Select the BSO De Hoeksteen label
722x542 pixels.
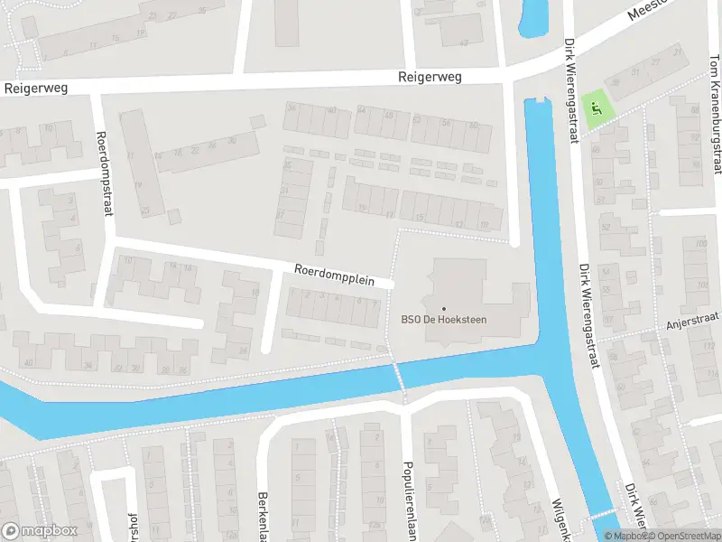pos(443,318)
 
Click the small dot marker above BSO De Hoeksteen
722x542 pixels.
pos(443,308)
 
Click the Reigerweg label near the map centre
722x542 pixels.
pos(430,78)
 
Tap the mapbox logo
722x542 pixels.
pos(40,530)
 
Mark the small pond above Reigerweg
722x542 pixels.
pos(533,15)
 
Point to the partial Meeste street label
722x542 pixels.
pos(648,12)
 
